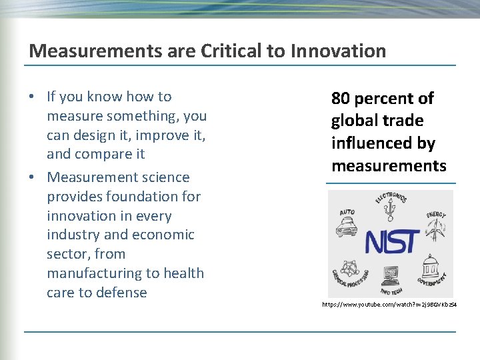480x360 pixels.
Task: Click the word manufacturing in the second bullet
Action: [93, 273]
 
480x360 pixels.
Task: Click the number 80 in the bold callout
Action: [341, 99]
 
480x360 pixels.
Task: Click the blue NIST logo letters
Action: [392, 241]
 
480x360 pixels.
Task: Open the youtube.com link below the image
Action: [389, 304]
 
